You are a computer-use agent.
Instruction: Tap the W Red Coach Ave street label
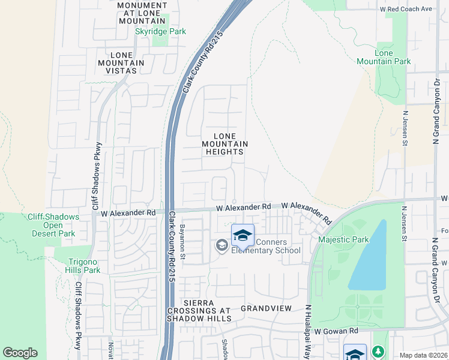pyautogui.click(x=406, y=9)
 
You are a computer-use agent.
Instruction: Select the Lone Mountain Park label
pyautogui.click(x=384, y=57)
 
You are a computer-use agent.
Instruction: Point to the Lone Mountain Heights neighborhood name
pyautogui.click(x=224, y=143)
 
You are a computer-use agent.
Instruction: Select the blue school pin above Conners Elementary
pyautogui.click(x=243, y=235)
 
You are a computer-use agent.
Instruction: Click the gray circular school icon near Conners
pyautogui.click(x=221, y=244)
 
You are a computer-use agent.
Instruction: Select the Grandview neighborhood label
pyautogui.click(x=266, y=308)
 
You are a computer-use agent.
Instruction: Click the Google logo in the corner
pyautogui.click(x=20, y=353)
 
